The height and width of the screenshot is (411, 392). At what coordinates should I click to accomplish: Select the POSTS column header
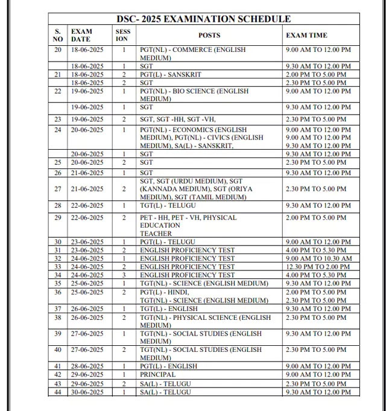pyautogui.click(x=209, y=35)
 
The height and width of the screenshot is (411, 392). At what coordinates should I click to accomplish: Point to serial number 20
pyautogui.click(x=58, y=49)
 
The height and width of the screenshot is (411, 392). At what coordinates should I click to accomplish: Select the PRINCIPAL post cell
pyautogui.click(x=158, y=375)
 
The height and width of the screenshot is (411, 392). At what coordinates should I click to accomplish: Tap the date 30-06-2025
pyautogui.click(x=87, y=392)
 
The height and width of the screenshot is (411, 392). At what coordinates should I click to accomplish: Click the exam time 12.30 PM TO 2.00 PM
pyautogui.click(x=316, y=266)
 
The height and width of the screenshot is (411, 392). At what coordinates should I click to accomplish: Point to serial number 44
pyautogui.click(x=58, y=392)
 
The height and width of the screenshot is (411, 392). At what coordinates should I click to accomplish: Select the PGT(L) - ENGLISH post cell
pyautogui.click(x=168, y=366)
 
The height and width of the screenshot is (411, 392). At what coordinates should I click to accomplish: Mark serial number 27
pyautogui.click(x=58, y=189)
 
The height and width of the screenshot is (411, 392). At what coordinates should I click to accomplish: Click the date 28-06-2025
pyautogui.click(x=87, y=366)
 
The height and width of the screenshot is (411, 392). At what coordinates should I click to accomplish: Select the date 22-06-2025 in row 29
pyautogui.click(x=87, y=217)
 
